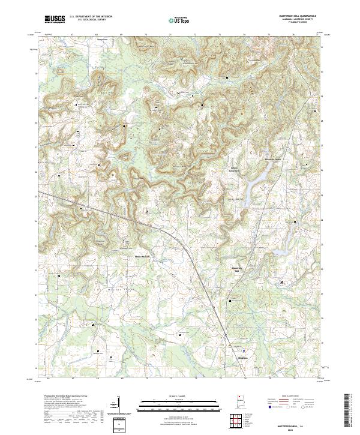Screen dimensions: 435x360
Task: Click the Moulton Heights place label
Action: pos(141,256)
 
